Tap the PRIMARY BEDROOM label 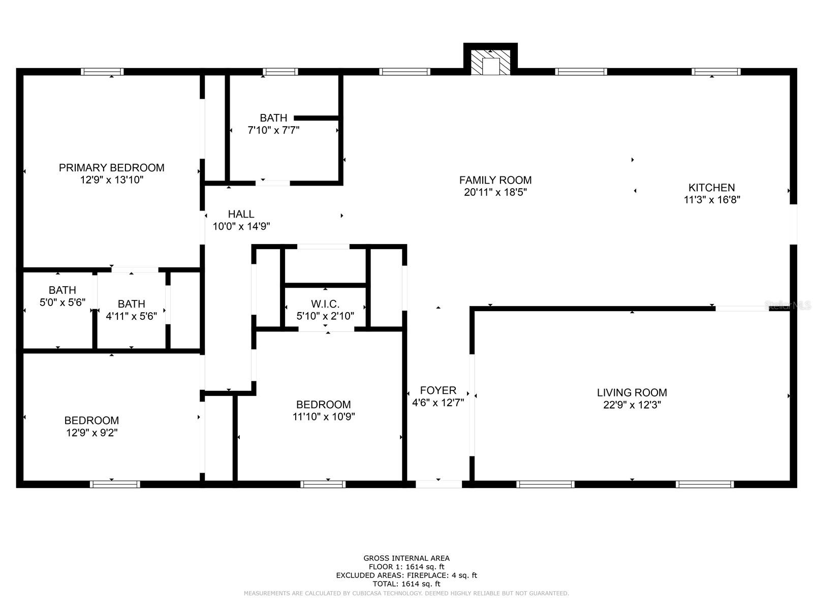tap(112, 168)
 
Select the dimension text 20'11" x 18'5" tap(495, 192)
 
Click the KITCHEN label tap(711, 188)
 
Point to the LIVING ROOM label tap(632, 392)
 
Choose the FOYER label tap(438, 390)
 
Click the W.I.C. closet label tap(325, 304)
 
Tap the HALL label tap(241, 214)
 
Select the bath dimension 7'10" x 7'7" tap(273, 130)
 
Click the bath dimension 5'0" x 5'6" tap(62, 302)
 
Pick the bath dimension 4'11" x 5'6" tap(131, 316)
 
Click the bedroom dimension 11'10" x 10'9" tap(324, 417)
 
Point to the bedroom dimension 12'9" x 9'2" tap(91, 433)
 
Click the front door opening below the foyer tap(439, 484)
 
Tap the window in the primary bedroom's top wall tap(102, 72)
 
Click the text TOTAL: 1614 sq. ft tap(407, 584)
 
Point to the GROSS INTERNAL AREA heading tap(407, 558)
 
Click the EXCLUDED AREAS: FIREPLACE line tap(407, 575)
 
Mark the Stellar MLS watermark tap(788, 305)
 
